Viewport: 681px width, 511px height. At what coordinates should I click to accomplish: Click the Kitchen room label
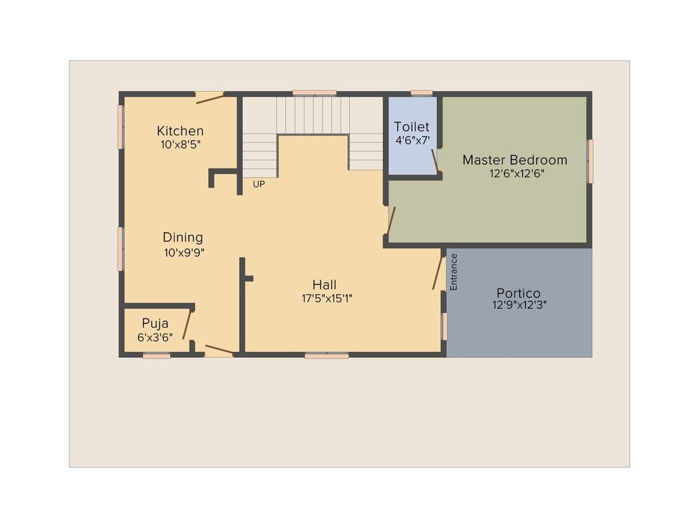tap(180, 130)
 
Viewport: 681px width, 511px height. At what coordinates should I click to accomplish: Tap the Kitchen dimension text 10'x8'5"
tap(180, 144)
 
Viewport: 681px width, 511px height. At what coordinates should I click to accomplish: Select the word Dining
tap(183, 238)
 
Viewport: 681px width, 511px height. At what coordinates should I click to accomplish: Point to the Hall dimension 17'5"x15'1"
tap(327, 299)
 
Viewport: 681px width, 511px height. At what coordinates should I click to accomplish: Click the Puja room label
tap(155, 323)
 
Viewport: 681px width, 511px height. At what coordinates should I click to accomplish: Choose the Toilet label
tap(412, 126)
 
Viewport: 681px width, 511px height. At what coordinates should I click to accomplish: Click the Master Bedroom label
tap(515, 160)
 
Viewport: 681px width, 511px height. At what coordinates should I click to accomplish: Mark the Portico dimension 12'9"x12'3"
tap(519, 305)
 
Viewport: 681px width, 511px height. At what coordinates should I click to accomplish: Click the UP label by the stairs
tap(259, 184)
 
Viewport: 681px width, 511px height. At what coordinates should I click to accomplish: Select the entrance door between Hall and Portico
tap(438, 273)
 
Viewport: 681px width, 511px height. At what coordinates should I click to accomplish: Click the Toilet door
tap(434, 160)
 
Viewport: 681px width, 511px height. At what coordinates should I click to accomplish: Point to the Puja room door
tap(188, 325)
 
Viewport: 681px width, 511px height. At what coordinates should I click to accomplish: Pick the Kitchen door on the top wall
tap(210, 98)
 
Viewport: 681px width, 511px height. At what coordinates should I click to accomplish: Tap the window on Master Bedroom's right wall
tap(590, 161)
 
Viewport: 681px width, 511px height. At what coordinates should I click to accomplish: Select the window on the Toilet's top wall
tap(422, 92)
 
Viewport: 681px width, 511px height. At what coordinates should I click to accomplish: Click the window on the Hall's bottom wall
tap(327, 356)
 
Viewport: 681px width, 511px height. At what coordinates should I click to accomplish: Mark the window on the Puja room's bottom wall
tap(156, 356)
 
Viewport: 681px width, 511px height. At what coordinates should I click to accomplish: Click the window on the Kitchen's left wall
tap(120, 126)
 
